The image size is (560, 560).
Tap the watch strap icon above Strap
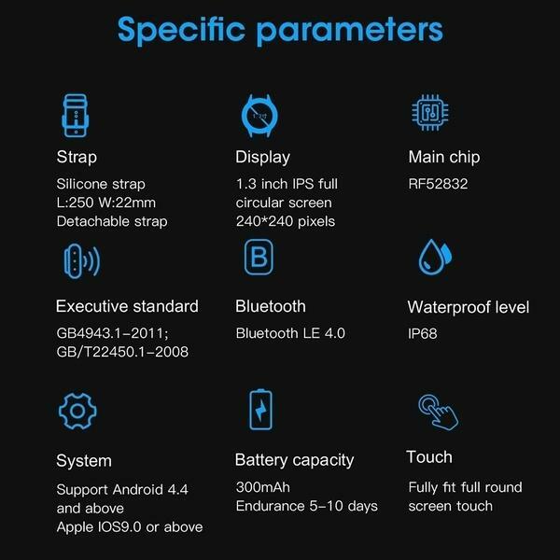pos(76,116)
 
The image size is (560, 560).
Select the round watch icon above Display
pos(259,116)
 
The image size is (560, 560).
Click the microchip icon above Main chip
pos(430,113)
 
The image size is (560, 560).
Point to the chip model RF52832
pos(438,184)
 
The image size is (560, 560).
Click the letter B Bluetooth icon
pos(259,257)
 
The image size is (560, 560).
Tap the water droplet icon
pos(435,258)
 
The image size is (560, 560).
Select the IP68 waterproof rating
pos(423,333)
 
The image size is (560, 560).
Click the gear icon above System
pos(77,411)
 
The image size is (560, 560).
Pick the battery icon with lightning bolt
pos(260,410)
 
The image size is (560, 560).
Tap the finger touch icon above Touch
pos(439,413)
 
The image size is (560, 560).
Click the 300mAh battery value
pos(263,487)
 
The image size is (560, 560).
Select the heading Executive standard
pos(127,306)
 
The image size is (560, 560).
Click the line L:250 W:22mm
pos(106,203)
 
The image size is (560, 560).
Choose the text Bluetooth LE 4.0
pos(290,333)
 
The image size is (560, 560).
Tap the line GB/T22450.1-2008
pos(122,352)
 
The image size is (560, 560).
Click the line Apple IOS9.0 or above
pos(130,527)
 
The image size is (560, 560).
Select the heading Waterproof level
pos(469,307)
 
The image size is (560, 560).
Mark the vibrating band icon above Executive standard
pos(82,261)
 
